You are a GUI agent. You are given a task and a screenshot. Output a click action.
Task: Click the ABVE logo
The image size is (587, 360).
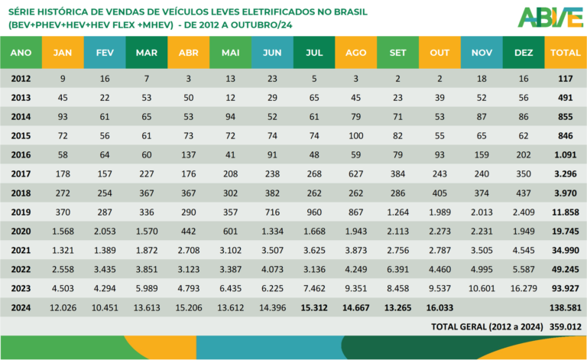[x=550, y=18]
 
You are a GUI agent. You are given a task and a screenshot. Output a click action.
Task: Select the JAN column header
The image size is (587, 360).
[x=63, y=53]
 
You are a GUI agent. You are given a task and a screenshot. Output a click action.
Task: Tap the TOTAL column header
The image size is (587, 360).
[x=566, y=53]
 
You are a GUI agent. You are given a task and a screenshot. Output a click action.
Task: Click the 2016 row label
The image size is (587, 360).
[x=21, y=154]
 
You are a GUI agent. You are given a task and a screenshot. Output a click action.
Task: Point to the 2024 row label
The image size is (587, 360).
[x=21, y=307]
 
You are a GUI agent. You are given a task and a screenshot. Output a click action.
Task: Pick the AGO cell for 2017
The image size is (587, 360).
[x=355, y=174]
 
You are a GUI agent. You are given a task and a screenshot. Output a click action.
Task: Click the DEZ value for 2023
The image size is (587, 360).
[x=524, y=288]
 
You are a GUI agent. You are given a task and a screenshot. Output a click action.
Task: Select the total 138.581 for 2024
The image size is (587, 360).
[x=566, y=307]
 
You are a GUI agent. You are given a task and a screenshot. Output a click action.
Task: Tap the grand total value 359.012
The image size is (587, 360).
[x=566, y=326]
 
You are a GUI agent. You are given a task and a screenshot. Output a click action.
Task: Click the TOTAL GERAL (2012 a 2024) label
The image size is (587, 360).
[x=487, y=326]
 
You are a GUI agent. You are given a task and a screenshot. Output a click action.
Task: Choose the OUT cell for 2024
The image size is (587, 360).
[x=439, y=307]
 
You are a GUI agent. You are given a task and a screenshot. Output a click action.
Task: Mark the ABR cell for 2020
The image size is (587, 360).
[x=188, y=232]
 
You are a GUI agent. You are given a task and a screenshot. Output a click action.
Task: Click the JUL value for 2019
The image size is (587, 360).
[x=314, y=212]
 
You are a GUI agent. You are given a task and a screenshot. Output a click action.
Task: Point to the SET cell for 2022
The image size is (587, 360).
[x=397, y=270]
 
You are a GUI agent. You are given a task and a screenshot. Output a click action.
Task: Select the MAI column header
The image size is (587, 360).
[x=230, y=53]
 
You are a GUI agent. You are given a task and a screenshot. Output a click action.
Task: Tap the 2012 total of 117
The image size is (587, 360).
[x=566, y=79]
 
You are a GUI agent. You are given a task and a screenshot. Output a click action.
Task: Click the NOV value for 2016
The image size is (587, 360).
[x=482, y=154]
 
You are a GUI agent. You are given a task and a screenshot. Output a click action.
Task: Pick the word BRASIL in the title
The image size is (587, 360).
[x=350, y=12]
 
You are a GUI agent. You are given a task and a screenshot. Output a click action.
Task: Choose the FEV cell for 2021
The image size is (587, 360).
[x=105, y=251]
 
